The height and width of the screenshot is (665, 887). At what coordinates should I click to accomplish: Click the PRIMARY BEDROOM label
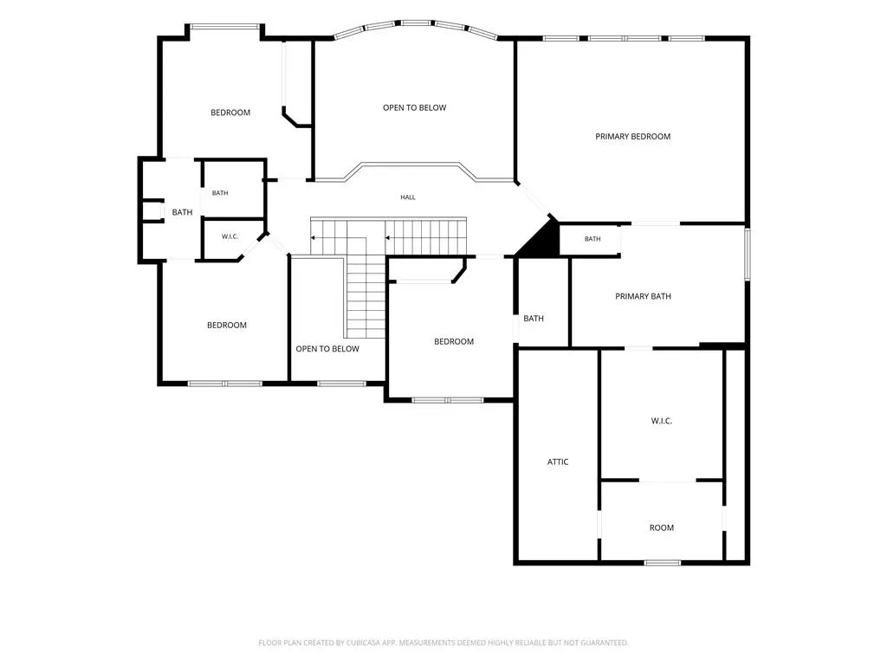tap(632, 136)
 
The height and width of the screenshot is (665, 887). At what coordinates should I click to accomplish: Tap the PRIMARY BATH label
tap(643, 296)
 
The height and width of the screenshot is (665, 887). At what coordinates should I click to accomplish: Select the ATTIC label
tap(558, 462)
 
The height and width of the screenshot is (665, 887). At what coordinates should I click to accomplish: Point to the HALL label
tap(408, 197)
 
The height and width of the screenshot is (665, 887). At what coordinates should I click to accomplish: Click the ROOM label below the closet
tap(661, 527)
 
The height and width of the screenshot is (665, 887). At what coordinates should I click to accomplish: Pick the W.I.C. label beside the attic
tap(661, 421)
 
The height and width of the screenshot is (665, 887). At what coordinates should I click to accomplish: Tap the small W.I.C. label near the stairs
tap(230, 236)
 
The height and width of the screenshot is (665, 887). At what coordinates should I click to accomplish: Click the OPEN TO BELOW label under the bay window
tap(415, 107)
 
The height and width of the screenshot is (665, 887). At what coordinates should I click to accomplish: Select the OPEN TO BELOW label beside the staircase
tap(327, 349)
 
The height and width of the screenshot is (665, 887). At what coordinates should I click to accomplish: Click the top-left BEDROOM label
tap(230, 113)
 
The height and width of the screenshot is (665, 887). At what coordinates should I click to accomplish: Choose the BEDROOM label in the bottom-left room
tap(227, 326)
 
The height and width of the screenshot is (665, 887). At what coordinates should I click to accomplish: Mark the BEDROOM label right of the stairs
tap(454, 341)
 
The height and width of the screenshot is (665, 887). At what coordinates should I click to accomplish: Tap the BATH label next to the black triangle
tap(592, 239)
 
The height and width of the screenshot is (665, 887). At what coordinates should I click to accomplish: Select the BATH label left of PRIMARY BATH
tap(534, 319)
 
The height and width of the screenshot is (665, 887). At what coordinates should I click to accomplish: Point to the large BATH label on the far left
tap(182, 212)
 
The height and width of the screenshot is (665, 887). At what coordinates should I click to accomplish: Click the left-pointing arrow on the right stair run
tap(388, 237)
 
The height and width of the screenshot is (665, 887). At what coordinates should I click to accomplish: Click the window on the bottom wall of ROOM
tap(663, 563)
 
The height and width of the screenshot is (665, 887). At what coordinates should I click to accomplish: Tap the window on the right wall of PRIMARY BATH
tap(748, 254)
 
